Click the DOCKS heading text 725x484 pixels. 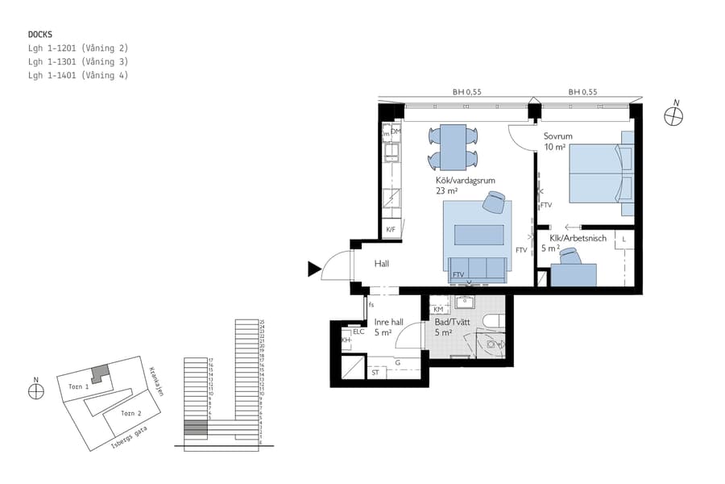[x=40, y=35]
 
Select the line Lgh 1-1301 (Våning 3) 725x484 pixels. [x=77, y=62]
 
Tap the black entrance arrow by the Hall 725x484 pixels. [x=314, y=269]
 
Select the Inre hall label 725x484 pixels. [x=388, y=327]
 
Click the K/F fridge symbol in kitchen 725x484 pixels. [x=391, y=231]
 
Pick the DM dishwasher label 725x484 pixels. [x=396, y=131]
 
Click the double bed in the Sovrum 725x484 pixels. [x=600, y=173]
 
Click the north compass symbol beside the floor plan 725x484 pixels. [x=673, y=116]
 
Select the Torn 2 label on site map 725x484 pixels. [x=130, y=413]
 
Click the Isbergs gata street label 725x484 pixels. [x=128, y=437]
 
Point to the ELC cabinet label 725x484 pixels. [x=358, y=332]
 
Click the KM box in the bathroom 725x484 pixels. [x=438, y=310]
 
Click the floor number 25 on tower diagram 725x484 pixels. [x=262, y=322]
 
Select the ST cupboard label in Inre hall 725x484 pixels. [x=375, y=373]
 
